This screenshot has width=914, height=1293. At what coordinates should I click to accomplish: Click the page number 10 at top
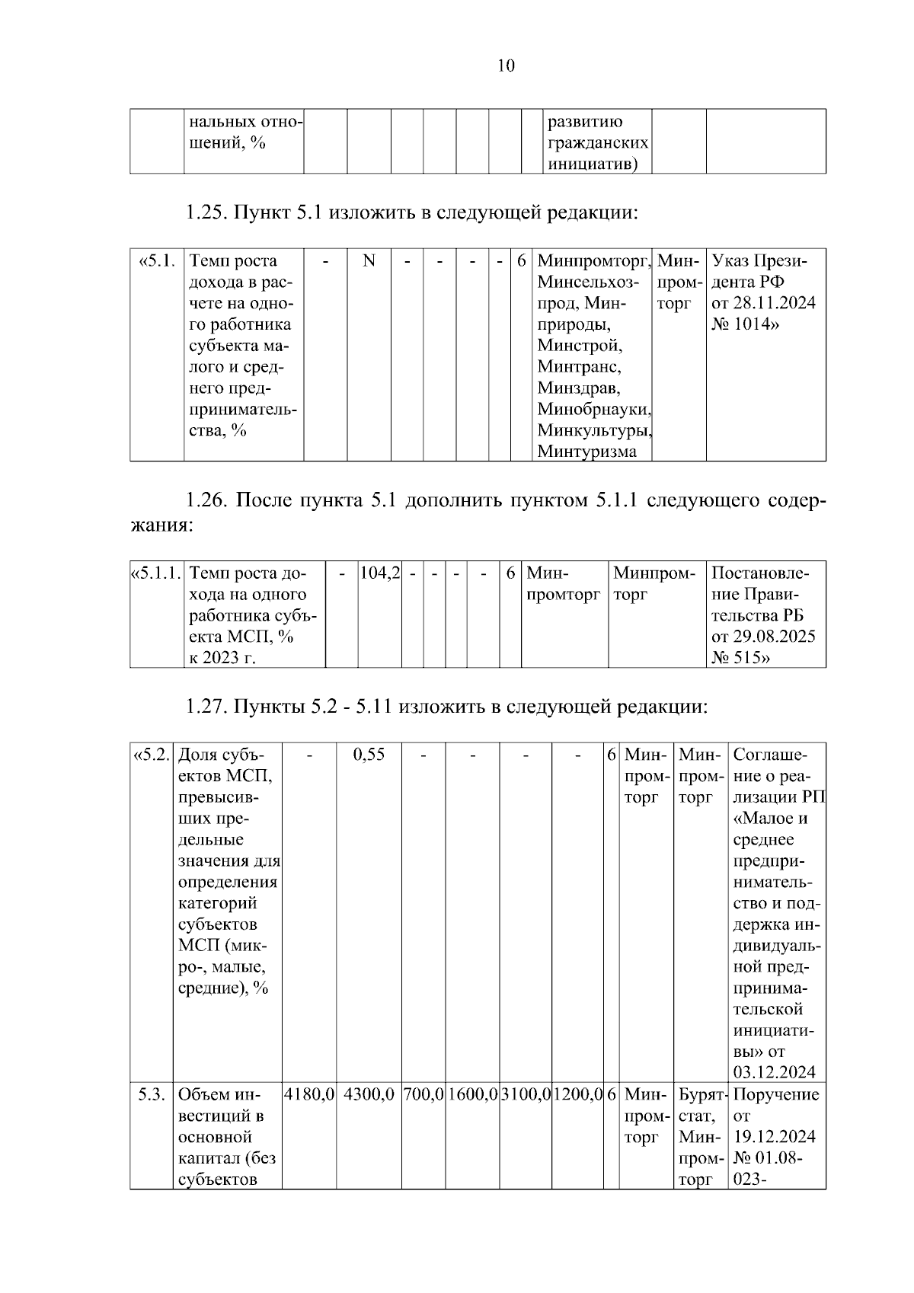(x=506, y=65)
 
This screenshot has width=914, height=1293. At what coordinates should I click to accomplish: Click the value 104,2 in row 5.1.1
(x=379, y=573)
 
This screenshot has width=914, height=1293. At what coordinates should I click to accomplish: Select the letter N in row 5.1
(x=369, y=261)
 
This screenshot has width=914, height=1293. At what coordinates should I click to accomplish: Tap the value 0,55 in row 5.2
(x=369, y=755)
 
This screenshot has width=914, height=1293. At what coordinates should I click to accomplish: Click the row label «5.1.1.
(x=157, y=573)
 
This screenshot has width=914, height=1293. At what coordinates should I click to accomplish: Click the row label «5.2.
(x=152, y=755)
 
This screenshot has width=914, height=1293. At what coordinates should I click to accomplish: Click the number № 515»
(x=740, y=657)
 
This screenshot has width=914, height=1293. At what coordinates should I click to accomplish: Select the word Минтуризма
(x=586, y=452)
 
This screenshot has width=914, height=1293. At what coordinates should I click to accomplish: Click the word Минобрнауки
(x=594, y=409)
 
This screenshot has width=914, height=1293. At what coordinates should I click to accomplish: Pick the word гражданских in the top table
(x=598, y=143)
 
